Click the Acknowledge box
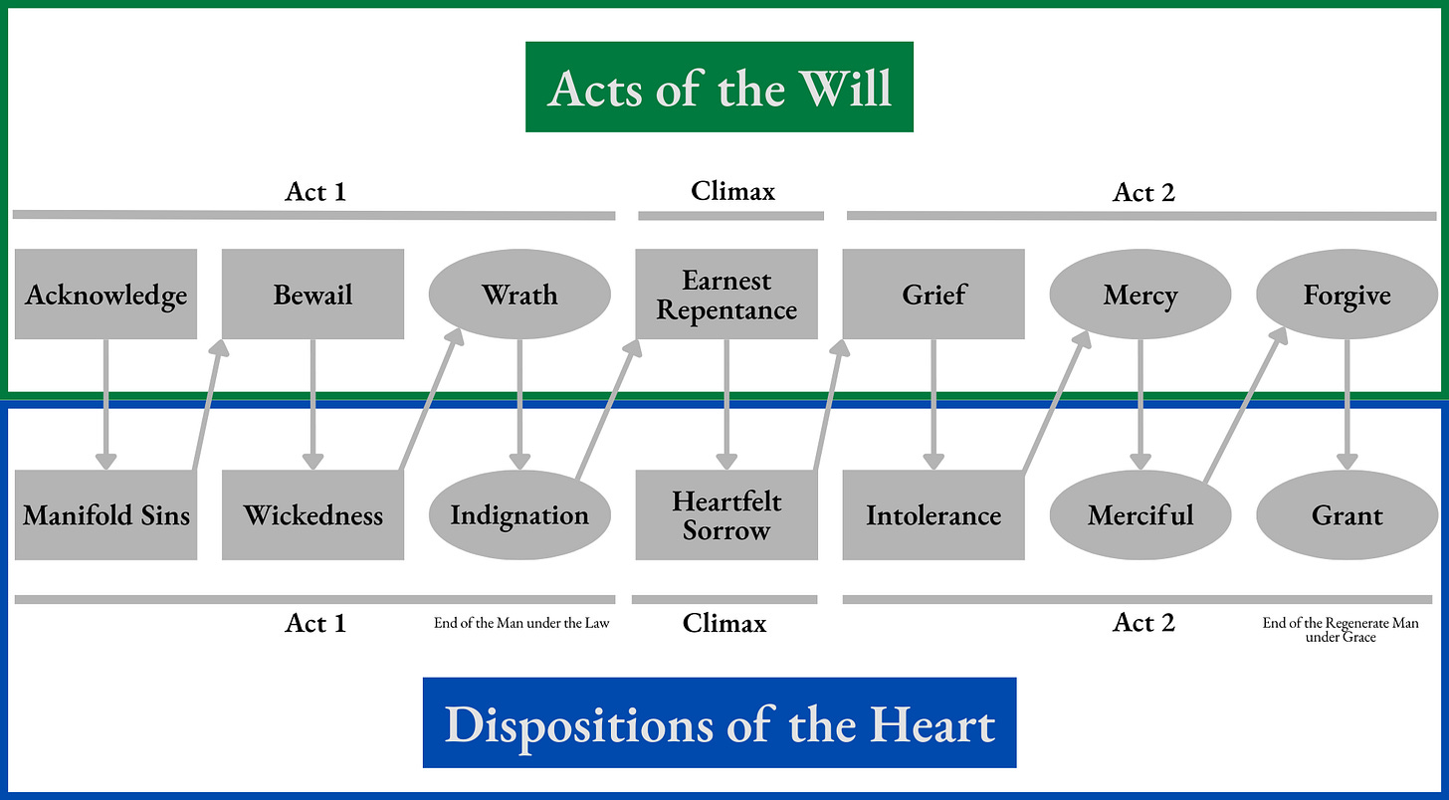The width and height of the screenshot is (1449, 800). pyautogui.click(x=105, y=295)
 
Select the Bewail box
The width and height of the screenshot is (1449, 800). pyautogui.click(x=312, y=295)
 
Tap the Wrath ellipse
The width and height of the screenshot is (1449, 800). pyautogui.click(x=519, y=295)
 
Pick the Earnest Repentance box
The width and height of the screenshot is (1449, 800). pyautogui.click(x=726, y=295)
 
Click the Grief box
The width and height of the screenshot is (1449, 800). pyautogui.click(x=933, y=295)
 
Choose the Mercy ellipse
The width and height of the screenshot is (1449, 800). pyautogui.click(x=1140, y=295)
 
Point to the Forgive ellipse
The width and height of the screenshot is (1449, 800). pyautogui.click(x=1347, y=295)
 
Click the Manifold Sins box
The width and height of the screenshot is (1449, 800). pyautogui.click(x=105, y=515)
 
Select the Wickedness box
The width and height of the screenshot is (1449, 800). pyautogui.click(x=312, y=515)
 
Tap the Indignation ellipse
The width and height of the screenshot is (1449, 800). pyautogui.click(x=519, y=515)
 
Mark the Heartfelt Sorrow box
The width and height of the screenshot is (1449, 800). pyautogui.click(x=726, y=515)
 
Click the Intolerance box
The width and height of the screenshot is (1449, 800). pyautogui.click(x=933, y=515)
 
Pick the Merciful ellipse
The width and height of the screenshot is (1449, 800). pyautogui.click(x=1140, y=515)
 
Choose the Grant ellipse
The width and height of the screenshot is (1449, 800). pyautogui.click(x=1347, y=515)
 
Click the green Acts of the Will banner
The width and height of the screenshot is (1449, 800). pyautogui.click(x=719, y=87)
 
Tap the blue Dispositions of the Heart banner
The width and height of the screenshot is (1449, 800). pyautogui.click(x=719, y=723)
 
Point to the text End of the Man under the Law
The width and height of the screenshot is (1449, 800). pyautogui.click(x=521, y=624)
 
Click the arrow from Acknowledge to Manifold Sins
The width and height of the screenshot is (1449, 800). pyautogui.click(x=105, y=403)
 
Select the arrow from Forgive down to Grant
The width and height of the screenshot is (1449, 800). pyautogui.click(x=1347, y=403)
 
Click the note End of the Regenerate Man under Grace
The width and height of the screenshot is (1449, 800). pyautogui.click(x=1341, y=630)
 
